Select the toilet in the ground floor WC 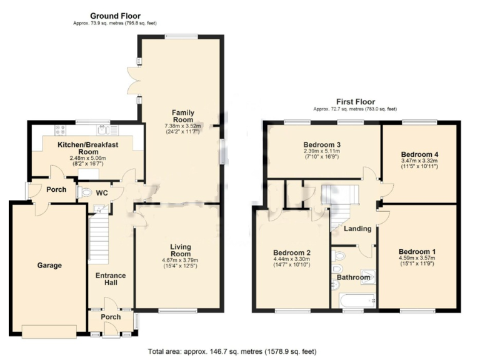(x=84, y=192)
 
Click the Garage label (x=49, y=265)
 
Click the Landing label (x=357, y=229)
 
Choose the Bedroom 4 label (x=419, y=154)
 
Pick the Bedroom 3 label (x=322, y=144)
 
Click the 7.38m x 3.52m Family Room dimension (x=184, y=125)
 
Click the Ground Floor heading (x=115, y=16)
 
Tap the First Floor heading (x=356, y=101)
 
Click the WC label (x=102, y=193)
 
